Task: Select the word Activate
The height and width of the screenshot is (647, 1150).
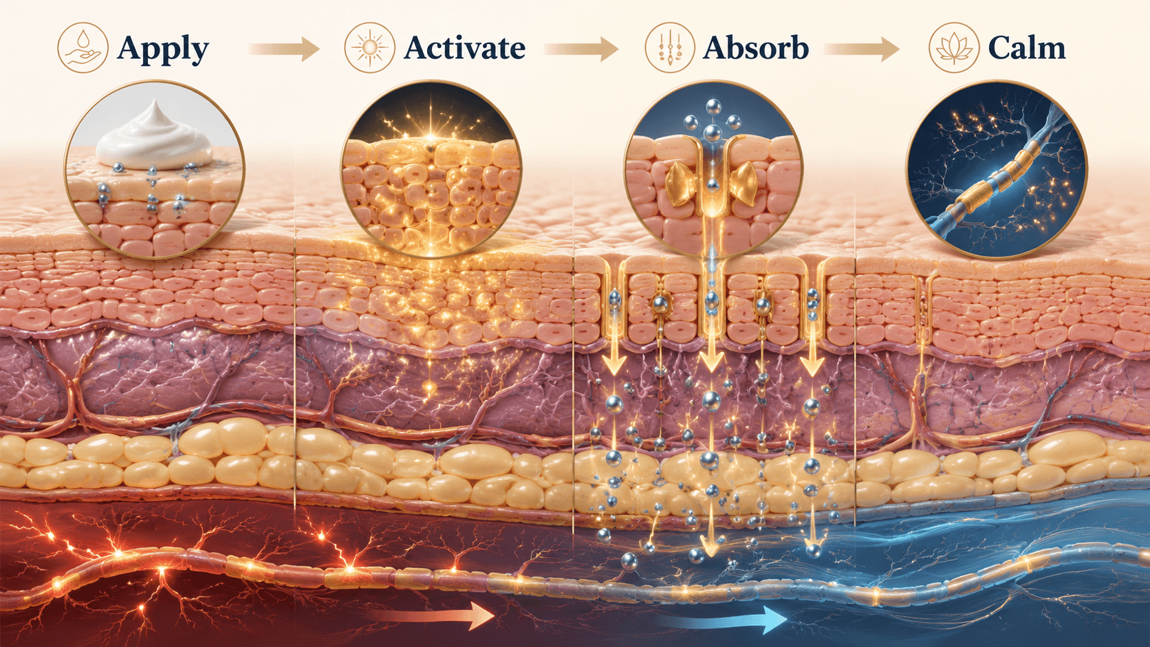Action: [x=464, y=48]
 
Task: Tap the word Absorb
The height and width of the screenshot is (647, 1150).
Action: [x=756, y=48]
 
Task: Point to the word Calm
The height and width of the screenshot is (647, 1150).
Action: [x=1027, y=48]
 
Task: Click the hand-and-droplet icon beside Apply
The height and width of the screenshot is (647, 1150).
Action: [x=83, y=47]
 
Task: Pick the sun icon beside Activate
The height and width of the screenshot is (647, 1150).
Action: [x=369, y=47]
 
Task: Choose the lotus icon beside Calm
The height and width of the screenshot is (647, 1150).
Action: [x=954, y=47]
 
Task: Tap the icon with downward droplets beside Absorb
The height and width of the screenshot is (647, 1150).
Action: [x=670, y=47]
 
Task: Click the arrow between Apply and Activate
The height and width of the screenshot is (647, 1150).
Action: [x=285, y=50]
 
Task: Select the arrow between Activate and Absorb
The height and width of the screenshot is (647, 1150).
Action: [x=581, y=50]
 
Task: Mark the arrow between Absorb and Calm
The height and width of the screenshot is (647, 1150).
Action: [x=862, y=50]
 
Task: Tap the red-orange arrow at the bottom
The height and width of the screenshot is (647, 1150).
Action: [x=431, y=615]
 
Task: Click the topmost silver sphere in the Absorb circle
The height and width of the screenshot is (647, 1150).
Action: [x=713, y=107]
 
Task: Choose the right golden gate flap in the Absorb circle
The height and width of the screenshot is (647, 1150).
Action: [x=744, y=181]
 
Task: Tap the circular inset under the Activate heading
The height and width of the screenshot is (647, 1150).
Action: [x=431, y=169]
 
